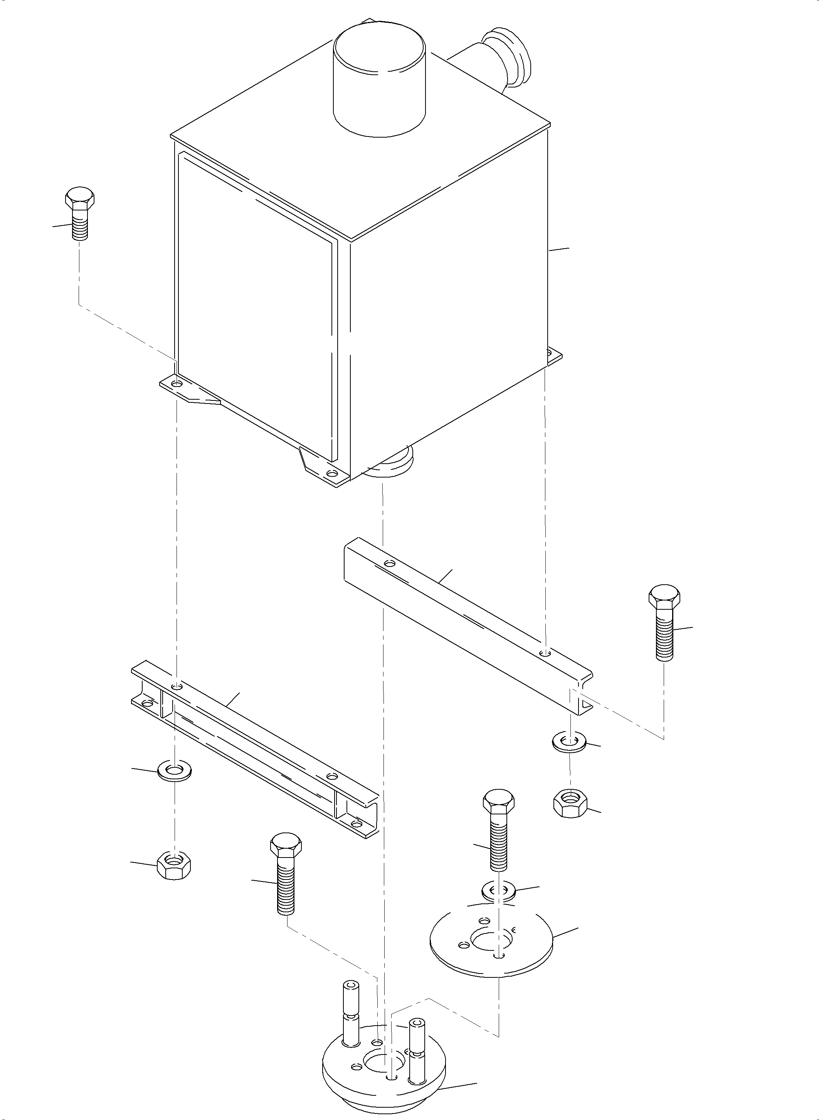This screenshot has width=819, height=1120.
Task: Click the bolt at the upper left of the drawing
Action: coord(79,214)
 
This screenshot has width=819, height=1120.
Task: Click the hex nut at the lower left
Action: coord(174,866)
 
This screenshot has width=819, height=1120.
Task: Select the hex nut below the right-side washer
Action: coord(570,803)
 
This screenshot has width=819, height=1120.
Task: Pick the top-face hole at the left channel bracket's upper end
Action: coord(177,686)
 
